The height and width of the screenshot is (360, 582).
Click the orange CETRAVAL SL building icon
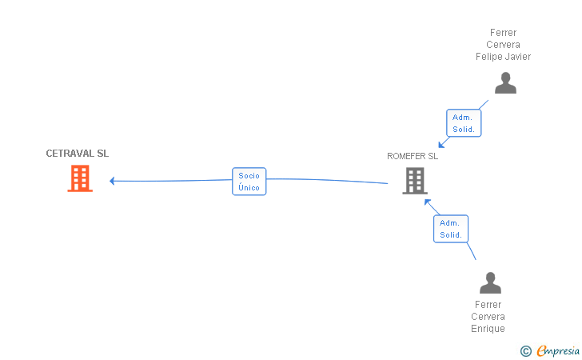[79, 178]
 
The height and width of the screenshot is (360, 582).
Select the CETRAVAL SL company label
[77, 154]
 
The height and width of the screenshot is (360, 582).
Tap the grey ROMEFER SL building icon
[414, 180]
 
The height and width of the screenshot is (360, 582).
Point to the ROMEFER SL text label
[413, 157]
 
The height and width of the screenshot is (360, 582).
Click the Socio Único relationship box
[249, 182]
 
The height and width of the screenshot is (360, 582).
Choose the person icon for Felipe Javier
[505, 83]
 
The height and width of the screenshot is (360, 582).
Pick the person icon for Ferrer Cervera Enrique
[490, 282]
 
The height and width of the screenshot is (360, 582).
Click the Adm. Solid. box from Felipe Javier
[463, 123]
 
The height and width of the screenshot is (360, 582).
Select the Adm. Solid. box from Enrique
[451, 229]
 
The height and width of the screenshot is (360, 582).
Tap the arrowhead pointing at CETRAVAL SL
[113, 181]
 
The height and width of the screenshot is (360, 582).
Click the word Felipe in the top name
[488, 57]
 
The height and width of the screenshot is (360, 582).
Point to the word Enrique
[488, 329]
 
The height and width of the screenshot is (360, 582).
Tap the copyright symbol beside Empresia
[525, 350]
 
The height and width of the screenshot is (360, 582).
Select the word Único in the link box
[249, 188]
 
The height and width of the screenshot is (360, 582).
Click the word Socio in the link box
[249, 175]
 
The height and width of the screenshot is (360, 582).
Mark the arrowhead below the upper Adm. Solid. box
[441, 144]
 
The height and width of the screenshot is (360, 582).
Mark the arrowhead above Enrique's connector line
[428, 202]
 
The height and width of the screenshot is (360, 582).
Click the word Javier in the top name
[518, 57]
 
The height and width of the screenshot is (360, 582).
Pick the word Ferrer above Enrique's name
[488, 305]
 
